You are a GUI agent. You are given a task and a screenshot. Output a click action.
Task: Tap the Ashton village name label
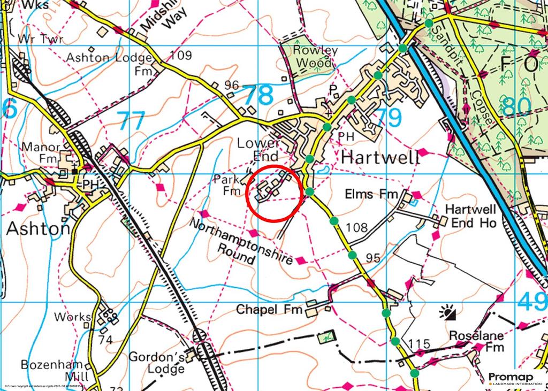pyautogui.click(x=38, y=228)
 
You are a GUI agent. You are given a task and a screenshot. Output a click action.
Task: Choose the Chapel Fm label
pyautogui.click(x=269, y=309)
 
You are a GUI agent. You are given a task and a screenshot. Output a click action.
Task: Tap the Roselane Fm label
pyautogui.click(x=476, y=341)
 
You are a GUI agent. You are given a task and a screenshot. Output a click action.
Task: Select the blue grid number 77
pyautogui.click(x=131, y=121)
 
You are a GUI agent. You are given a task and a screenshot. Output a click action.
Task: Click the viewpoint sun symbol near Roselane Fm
pyautogui.click(x=447, y=312)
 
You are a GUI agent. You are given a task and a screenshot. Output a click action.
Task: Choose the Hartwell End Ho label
pyautogui.click(x=471, y=216)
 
